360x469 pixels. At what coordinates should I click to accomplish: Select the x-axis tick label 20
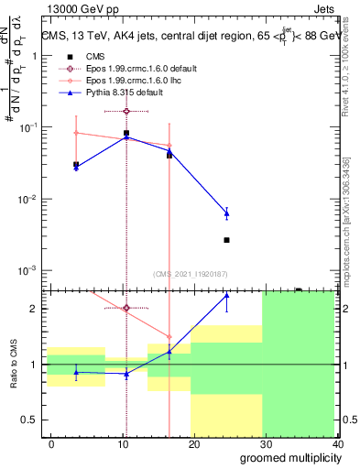[x=193, y=444]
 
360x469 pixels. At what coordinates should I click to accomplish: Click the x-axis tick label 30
[x=266, y=444]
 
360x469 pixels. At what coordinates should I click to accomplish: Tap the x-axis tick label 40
[x=337, y=444]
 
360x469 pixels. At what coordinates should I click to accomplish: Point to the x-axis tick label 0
[x=48, y=444]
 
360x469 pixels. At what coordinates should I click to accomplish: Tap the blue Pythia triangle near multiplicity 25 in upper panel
[x=226, y=213]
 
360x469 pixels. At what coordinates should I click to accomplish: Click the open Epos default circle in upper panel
[x=126, y=111]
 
